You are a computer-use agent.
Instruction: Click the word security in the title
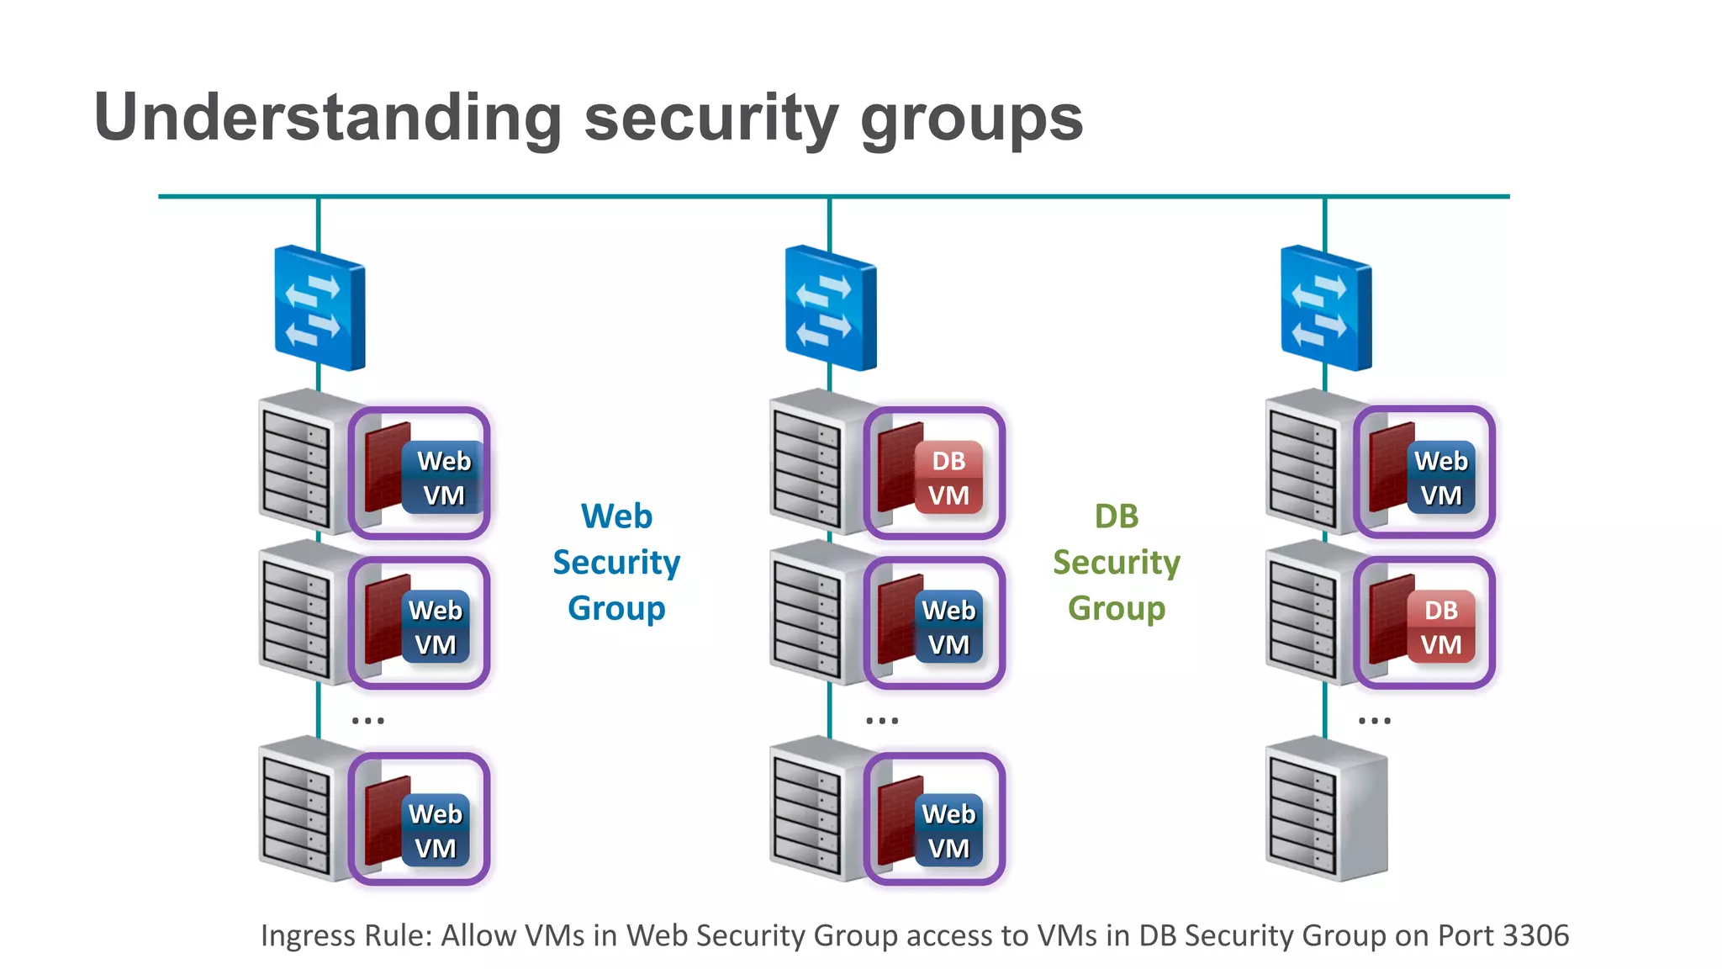tap(710, 118)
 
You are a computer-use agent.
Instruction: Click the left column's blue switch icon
tap(320, 308)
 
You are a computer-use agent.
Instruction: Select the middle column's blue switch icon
tap(831, 308)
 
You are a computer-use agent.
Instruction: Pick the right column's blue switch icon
tap(1326, 308)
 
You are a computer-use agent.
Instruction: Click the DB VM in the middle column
tap(934, 474)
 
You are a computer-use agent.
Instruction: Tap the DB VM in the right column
tap(1424, 623)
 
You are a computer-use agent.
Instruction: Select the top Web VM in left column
tap(420, 474)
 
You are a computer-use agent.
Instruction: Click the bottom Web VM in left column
tap(420, 819)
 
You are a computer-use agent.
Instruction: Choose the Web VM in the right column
tap(1424, 474)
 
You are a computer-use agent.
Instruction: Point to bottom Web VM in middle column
tap(934, 819)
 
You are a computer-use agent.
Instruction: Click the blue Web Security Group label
tap(616, 562)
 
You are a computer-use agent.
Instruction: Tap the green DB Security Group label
tap(1117, 562)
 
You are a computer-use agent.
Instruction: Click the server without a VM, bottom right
tap(1326, 809)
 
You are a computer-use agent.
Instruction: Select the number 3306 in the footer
tap(1535, 935)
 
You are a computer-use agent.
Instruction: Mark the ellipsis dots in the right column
tap(1375, 720)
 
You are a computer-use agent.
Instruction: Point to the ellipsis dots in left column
tap(368, 720)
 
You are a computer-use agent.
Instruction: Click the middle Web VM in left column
tap(420, 623)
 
